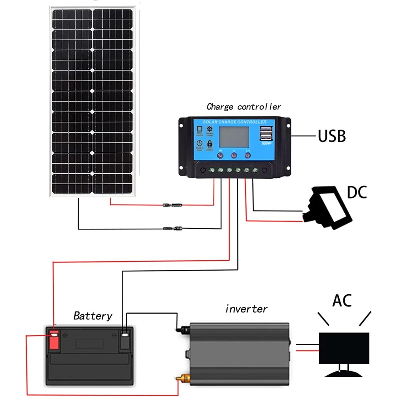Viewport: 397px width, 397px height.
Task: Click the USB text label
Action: coord(331,136)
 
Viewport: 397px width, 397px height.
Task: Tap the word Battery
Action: coord(93,316)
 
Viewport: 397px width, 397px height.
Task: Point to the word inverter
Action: coord(246,309)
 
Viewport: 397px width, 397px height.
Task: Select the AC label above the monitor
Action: coord(342,300)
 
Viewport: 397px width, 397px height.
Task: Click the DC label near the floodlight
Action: coord(357,192)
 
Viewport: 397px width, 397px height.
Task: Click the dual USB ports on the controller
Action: coord(266,134)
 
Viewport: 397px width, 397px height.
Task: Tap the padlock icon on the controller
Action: coord(210,143)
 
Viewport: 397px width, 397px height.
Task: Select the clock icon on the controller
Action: coord(199,143)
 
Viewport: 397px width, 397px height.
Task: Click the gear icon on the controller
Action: coord(210,129)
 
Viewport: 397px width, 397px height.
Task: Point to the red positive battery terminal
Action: coord(54,339)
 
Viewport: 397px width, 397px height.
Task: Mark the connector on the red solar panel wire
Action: coord(171,204)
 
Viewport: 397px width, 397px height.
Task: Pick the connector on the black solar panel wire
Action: coord(171,228)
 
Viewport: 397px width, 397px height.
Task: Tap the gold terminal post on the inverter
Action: coord(181,378)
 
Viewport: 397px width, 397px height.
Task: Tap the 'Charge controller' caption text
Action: coord(243,107)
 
